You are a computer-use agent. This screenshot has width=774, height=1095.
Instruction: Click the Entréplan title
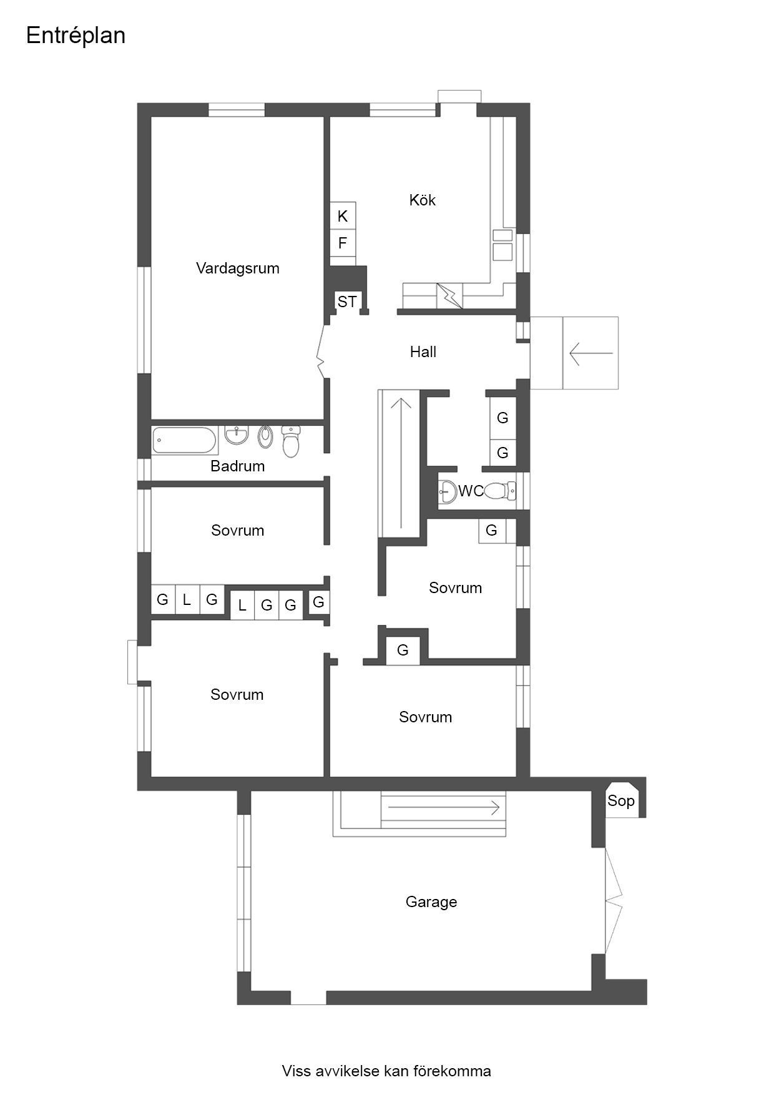pyautogui.click(x=76, y=36)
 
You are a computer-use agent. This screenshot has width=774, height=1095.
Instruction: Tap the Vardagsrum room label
pyautogui.click(x=237, y=268)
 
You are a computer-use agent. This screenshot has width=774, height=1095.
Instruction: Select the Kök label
pyautogui.click(x=422, y=200)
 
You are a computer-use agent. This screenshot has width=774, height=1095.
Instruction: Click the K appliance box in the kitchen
pyautogui.click(x=343, y=216)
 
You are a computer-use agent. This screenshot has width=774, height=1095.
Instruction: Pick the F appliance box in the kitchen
pyautogui.click(x=343, y=243)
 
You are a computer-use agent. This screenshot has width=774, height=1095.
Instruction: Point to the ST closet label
pyautogui.click(x=347, y=302)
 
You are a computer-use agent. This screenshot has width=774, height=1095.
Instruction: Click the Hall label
pyautogui.click(x=423, y=352)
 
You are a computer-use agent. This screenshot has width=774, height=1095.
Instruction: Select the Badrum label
pyautogui.click(x=237, y=466)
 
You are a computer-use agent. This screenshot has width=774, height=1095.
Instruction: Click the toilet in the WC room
pyautogui.click(x=500, y=491)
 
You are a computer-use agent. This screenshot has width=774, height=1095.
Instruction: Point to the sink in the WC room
pyautogui.click(x=448, y=491)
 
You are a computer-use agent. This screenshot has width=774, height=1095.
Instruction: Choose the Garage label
pyautogui.click(x=431, y=901)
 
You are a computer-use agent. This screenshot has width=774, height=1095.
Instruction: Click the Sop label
pyautogui.click(x=620, y=800)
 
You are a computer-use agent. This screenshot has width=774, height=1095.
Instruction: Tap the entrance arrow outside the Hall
pyautogui.click(x=590, y=353)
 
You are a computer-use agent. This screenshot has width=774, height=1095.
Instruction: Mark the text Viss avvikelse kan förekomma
pyautogui.click(x=386, y=1071)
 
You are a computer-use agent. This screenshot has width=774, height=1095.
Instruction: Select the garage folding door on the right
pyautogui.click(x=614, y=899)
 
